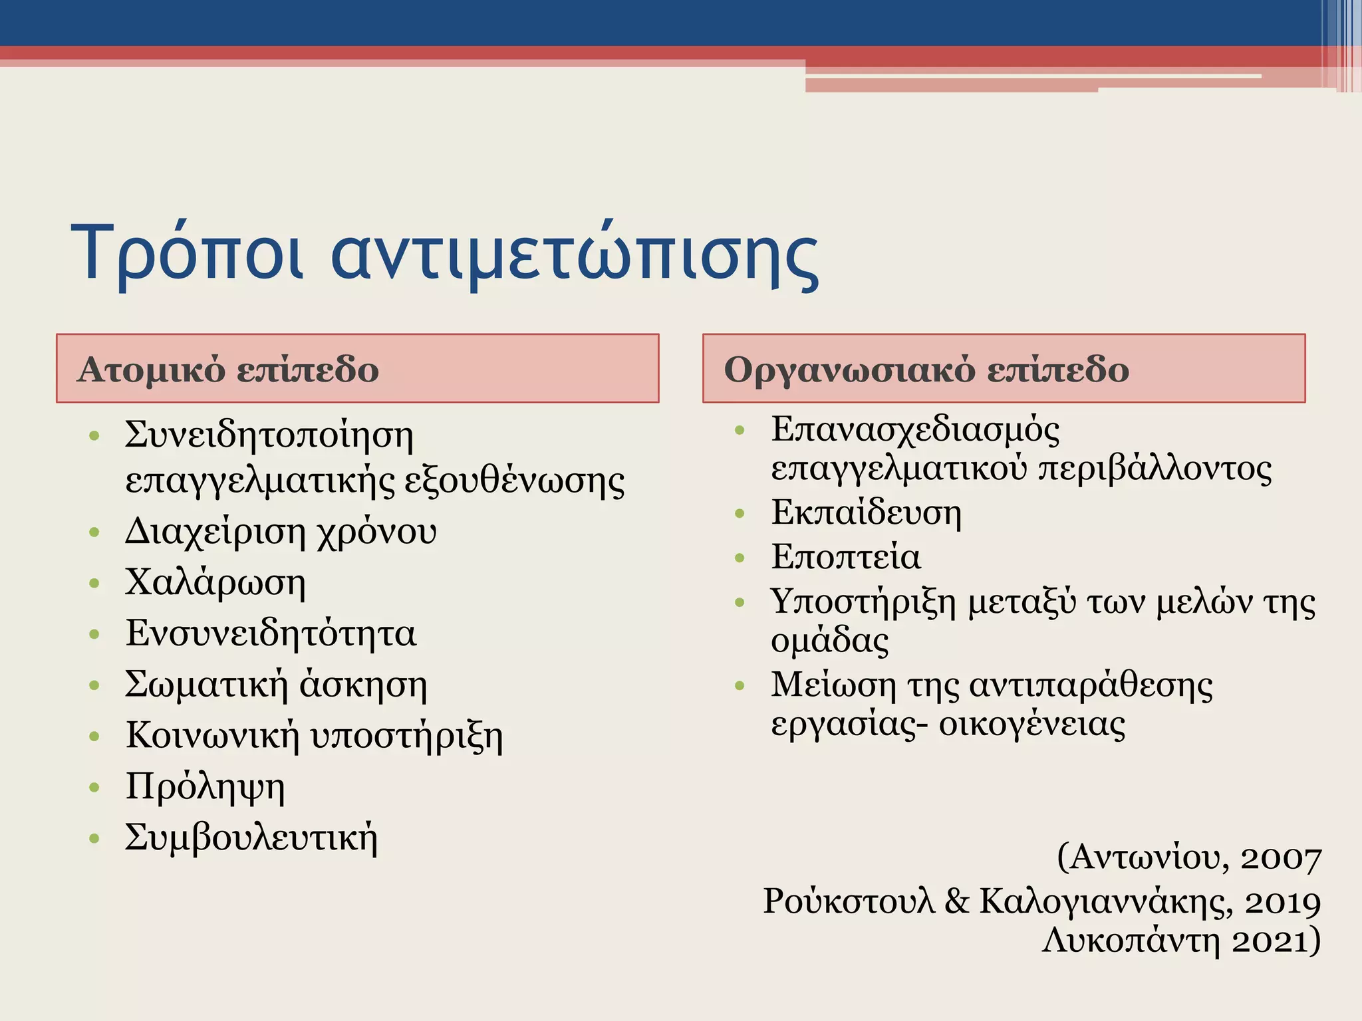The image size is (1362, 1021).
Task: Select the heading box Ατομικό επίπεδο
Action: pos(357,368)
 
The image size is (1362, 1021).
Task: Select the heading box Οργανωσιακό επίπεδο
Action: pos(1004,368)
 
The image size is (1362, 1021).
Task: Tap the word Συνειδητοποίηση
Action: pos(269,436)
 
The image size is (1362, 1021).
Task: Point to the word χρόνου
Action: pos(376,532)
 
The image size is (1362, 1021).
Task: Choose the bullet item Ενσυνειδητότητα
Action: pos(271,633)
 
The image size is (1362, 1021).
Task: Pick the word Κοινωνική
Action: pos(213,735)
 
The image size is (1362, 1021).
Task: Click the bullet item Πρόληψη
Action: pos(205,787)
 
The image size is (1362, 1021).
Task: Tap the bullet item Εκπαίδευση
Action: pos(867,513)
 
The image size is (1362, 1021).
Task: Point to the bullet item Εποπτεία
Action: pos(846,557)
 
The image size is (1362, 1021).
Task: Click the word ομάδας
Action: pos(829,641)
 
